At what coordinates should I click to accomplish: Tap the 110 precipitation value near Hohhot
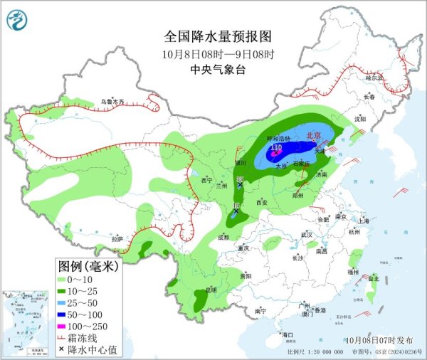pos(276,147)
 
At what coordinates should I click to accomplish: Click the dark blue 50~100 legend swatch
pos(65,313)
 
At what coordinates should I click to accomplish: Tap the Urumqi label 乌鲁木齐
pos(112,102)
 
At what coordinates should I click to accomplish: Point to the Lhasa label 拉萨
pos(117,239)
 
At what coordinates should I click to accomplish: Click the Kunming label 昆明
pos(211,290)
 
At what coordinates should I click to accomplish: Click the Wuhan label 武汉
pos(307,234)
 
